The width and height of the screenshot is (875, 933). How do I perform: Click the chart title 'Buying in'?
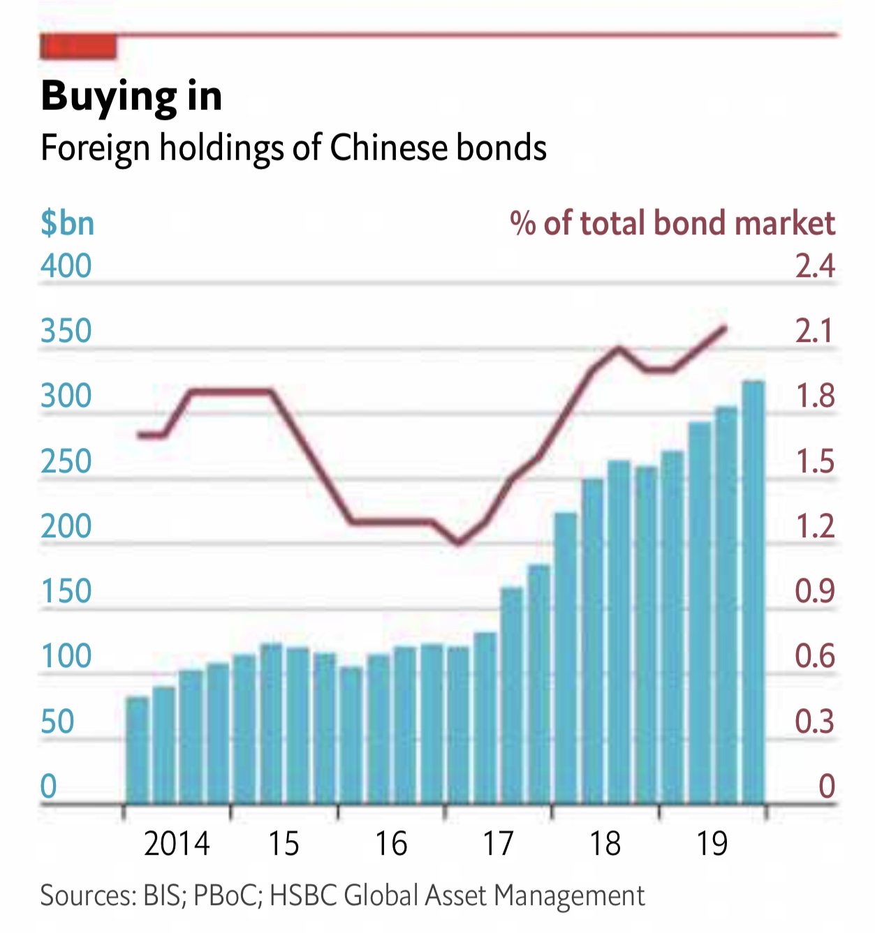pos(131,96)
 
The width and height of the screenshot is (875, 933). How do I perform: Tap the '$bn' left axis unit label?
pos(67,223)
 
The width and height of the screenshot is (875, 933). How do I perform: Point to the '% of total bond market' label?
pos(672,223)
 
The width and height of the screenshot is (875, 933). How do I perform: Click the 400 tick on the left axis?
pos(66,266)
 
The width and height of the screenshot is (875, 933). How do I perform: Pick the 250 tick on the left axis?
pos(66,461)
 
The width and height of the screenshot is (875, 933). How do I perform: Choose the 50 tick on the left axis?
pos(57,722)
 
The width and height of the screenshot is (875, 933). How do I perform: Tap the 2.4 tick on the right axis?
pos(815,266)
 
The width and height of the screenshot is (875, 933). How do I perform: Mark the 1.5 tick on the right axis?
pos(815,461)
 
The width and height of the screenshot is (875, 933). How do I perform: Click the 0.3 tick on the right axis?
pos(815,722)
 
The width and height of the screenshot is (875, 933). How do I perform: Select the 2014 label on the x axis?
pos(177,844)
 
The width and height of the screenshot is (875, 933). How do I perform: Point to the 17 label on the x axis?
pos(498,844)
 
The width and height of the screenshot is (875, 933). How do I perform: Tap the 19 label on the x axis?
pos(712,844)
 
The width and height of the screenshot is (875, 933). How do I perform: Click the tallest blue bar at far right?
pos(753,593)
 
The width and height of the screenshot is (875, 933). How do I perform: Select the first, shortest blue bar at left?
pos(138,750)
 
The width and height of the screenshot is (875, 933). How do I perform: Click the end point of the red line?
pos(725,328)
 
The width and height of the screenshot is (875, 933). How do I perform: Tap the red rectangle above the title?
pos(78,47)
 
